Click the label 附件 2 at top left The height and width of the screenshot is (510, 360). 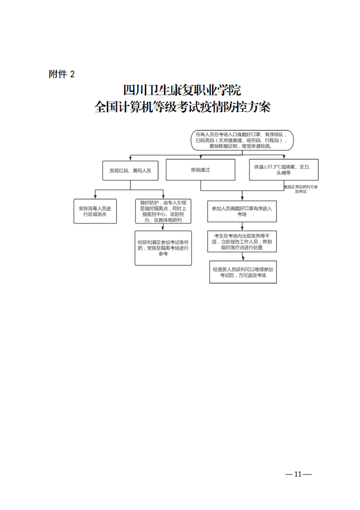(x=61, y=75)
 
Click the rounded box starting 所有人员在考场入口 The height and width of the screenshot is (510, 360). (x=241, y=140)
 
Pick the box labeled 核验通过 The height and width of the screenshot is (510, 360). (x=200, y=169)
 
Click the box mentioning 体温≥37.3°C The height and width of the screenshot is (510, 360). (x=284, y=170)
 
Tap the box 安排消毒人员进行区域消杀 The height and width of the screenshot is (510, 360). (x=95, y=211)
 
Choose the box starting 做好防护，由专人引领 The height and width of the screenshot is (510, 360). (x=163, y=211)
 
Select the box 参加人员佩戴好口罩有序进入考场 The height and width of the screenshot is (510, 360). (x=241, y=211)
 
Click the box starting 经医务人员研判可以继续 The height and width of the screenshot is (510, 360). (x=241, y=273)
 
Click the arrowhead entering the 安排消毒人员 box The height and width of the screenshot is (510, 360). (x=95, y=197)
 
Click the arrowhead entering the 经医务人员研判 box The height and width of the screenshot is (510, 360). (x=241, y=259)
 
